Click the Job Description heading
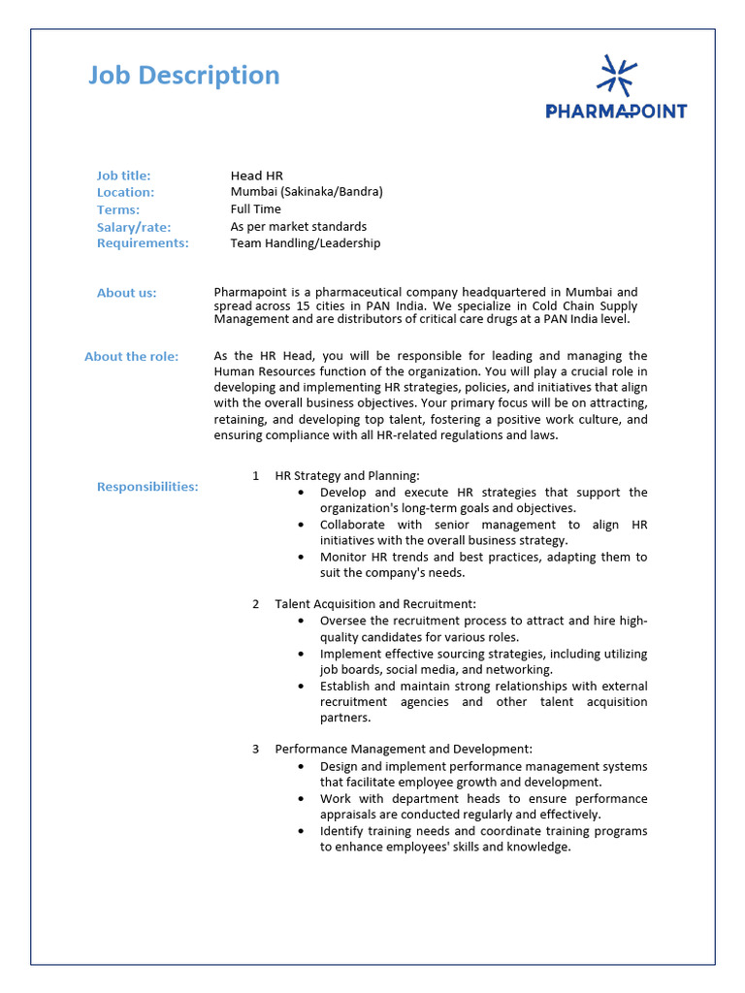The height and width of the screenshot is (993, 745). click(x=183, y=76)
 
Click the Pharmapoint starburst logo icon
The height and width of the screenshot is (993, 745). click(x=616, y=77)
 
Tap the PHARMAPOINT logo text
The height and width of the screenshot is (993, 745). click(x=616, y=112)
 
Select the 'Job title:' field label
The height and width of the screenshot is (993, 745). click(x=123, y=176)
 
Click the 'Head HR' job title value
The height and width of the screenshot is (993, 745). click(x=256, y=176)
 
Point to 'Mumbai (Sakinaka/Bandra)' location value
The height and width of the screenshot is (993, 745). click(x=307, y=192)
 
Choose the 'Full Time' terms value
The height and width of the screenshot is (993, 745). click(x=255, y=209)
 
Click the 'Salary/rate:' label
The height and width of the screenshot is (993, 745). click(x=133, y=227)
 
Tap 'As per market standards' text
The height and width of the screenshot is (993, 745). click(x=298, y=227)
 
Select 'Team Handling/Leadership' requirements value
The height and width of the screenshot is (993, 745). click(x=305, y=243)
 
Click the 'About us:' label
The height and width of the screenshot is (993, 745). click(x=126, y=293)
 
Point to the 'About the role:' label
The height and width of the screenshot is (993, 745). click(x=131, y=357)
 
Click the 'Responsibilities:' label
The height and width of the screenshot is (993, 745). click(x=147, y=487)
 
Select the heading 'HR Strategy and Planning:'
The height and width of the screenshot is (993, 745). click(x=347, y=476)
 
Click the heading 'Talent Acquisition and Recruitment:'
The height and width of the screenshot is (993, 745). click(x=375, y=604)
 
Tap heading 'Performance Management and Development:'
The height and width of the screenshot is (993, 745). click(x=403, y=749)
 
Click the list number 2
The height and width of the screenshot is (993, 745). click(x=255, y=604)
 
